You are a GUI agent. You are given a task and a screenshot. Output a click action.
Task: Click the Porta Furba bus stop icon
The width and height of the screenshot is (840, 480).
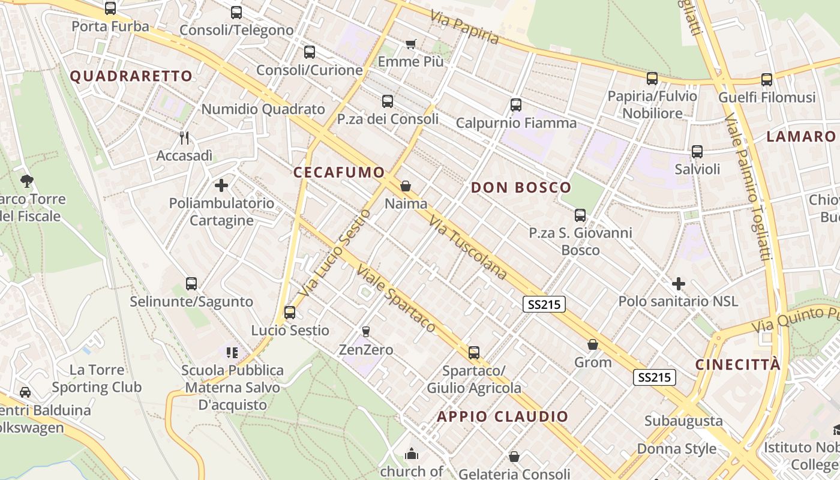pos(110,8)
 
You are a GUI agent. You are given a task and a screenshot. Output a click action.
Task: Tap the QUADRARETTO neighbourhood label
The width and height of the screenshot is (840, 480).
pos(131,76)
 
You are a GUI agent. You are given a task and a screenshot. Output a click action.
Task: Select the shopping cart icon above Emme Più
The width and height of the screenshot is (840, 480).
pos(411,44)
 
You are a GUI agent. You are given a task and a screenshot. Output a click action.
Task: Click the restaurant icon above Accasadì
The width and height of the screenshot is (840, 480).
pos(185,138)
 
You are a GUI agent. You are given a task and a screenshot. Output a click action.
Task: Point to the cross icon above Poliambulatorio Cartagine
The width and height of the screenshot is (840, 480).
pos(221,185)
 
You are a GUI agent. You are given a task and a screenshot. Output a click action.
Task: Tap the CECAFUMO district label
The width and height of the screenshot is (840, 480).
pos(339,173)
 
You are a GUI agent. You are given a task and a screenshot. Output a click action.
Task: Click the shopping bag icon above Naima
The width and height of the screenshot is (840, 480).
pos(406,186)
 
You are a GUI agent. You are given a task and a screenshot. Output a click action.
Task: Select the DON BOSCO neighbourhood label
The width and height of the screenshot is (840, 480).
pos(521,187)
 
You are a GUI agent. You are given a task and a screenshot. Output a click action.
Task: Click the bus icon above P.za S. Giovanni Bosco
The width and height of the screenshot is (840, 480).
pos(580,215)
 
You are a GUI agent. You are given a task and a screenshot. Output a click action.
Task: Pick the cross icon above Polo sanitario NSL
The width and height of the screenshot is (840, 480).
pos(679,283)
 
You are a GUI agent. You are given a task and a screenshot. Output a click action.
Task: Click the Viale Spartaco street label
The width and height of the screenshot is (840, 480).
pos(395,298)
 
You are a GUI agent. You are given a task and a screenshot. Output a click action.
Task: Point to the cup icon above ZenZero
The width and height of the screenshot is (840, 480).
pos(365,331)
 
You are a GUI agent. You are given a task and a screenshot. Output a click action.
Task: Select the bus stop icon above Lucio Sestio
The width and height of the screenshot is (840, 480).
pos(290,312)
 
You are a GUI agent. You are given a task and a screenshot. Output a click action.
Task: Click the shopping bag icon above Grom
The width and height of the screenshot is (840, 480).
pos(593,344)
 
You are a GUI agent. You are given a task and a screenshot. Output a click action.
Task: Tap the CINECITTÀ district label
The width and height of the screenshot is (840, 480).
pos(738,365)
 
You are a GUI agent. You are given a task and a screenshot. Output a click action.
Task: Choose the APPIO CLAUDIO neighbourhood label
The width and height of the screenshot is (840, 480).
pos(503,416)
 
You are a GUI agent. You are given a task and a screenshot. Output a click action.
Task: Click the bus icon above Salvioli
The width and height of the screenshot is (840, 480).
pos(697,152)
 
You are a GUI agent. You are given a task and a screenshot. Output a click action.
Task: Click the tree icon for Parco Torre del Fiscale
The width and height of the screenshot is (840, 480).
pos(26,181)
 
